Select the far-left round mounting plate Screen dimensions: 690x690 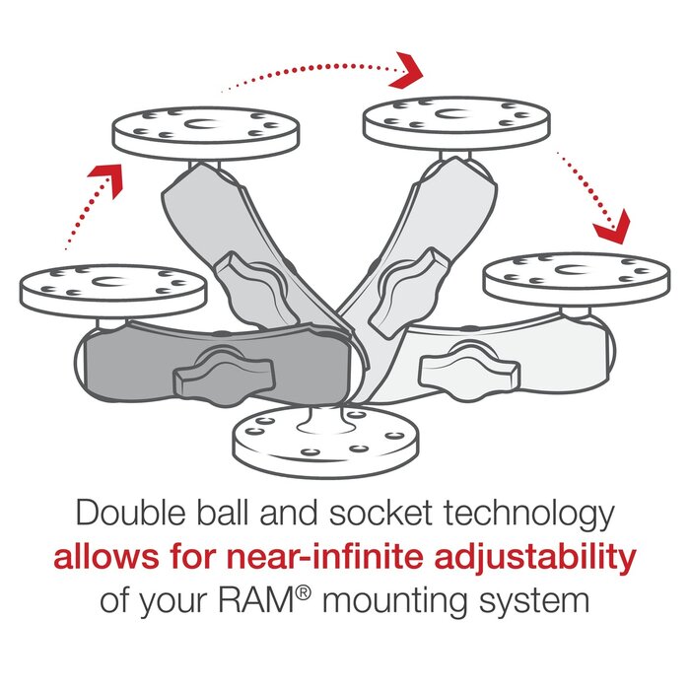tap(112, 289)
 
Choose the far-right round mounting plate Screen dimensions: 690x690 tap(577, 277)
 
